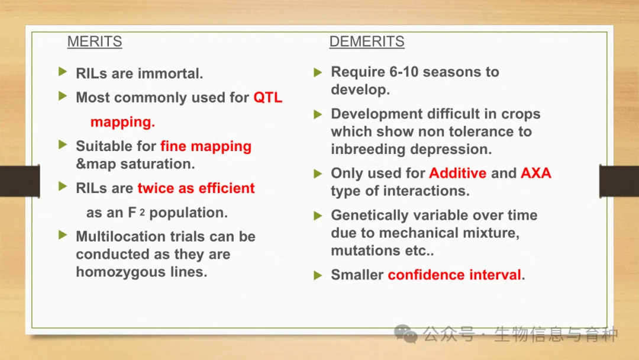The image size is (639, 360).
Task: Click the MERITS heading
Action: [95, 41]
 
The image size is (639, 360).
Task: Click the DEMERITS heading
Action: [367, 41]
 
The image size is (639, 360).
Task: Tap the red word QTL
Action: [268, 98]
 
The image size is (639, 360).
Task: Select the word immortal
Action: [170, 73]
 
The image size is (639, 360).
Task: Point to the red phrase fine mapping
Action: [206, 146]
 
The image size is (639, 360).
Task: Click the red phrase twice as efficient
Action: [196, 188]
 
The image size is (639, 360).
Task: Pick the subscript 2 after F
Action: [142, 213]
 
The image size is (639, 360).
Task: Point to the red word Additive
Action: [457, 173]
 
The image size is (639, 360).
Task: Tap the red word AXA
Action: [536, 173]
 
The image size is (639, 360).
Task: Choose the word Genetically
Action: [369, 216]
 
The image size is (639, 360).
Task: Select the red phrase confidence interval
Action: [454, 275]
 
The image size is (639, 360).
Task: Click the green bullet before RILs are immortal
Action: [63, 72]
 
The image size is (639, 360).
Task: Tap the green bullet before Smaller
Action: [318, 275]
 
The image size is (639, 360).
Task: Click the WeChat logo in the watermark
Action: [405, 333]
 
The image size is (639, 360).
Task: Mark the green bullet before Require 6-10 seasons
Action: [318, 73]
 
